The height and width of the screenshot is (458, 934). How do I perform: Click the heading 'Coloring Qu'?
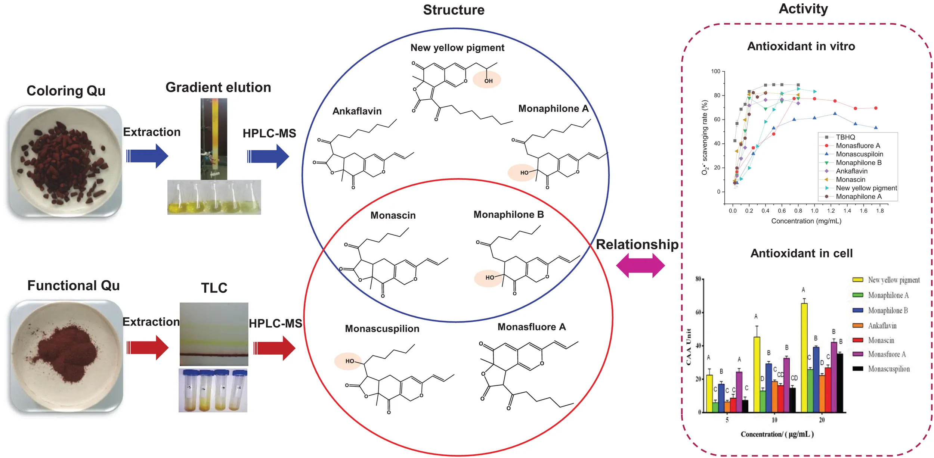pos(66,91)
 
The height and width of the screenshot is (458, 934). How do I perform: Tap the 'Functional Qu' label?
pos(74,286)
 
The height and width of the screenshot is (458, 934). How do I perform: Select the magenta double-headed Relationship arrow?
pos(640,266)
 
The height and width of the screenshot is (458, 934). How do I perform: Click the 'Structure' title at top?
pos(454,10)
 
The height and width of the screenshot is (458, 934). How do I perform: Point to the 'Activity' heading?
pos(803,9)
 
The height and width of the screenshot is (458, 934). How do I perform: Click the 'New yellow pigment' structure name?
pos(457,48)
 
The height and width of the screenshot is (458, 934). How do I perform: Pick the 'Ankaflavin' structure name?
pos(357,111)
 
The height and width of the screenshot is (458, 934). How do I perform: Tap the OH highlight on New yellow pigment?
pos(487,80)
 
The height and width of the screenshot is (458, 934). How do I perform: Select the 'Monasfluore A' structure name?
pos(532,327)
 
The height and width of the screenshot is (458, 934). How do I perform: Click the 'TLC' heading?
pos(214,288)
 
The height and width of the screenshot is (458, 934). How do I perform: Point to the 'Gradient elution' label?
pos(218,87)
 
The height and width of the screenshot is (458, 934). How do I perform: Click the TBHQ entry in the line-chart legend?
pos(845,137)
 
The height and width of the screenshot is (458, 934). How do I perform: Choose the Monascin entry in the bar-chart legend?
pos(881,340)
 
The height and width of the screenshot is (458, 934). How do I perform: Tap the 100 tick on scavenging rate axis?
pos(715,71)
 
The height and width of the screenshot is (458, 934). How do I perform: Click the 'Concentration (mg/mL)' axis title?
pos(806,221)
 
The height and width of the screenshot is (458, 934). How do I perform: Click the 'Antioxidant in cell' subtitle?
pos(801,253)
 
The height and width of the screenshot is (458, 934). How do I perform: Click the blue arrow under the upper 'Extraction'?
pos(147,156)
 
